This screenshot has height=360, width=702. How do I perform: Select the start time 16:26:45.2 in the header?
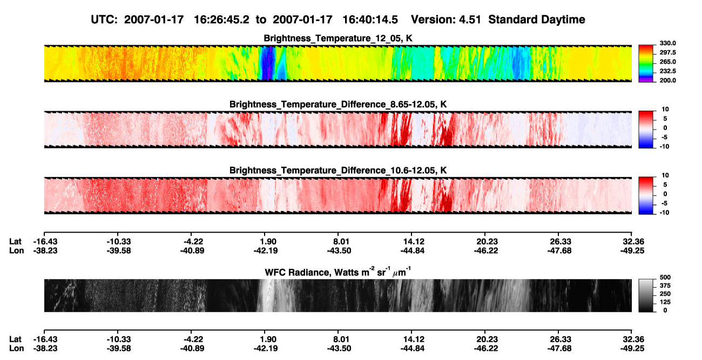click(x=221, y=19)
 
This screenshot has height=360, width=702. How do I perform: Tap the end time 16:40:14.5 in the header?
click(x=370, y=19)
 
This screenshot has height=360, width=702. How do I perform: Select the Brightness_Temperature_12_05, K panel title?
click(x=338, y=38)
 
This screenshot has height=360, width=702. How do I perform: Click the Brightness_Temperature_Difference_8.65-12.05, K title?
click(x=338, y=104)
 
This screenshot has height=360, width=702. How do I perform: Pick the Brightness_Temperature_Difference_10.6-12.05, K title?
click(x=338, y=171)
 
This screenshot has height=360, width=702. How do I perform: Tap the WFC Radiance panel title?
click(x=337, y=271)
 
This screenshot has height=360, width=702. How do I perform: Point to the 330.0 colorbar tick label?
click(x=667, y=43)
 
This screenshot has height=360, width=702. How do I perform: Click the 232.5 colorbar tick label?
click(x=667, y=71)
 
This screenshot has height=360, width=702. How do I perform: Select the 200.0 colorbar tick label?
click(x=667, y=80)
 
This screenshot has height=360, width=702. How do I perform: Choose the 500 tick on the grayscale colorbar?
click(x=665, y=277)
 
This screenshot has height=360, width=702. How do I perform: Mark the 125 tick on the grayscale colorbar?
click(x=665, y=302)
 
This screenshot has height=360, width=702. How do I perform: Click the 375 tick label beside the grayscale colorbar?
click(x=665, y=286)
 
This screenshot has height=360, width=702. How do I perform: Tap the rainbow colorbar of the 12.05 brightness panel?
click(x=646, y=64)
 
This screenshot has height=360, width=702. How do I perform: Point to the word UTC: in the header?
click(x=104, y=19)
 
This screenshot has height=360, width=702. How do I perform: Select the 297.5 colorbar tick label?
click(x=667, y=52)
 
